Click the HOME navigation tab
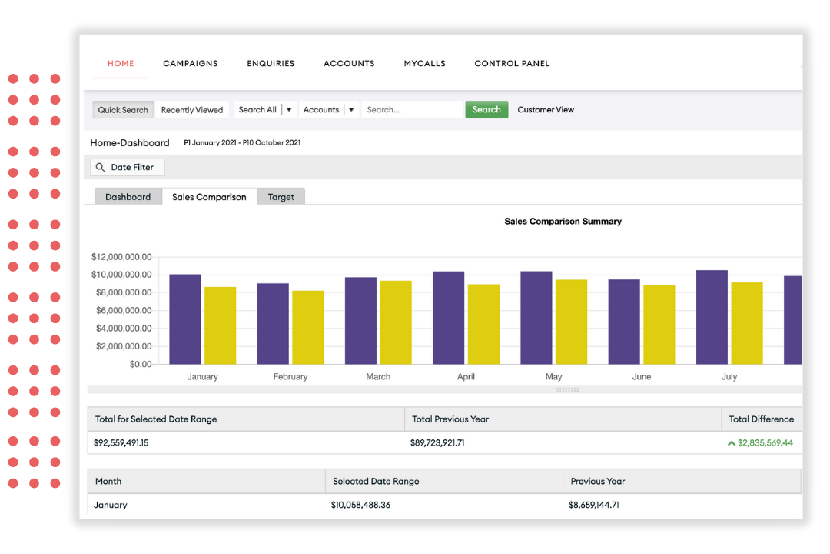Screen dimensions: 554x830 [121, 64]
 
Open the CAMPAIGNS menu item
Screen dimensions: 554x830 [191, 64]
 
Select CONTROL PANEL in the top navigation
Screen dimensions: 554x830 [512, 64]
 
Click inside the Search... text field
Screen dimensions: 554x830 [413, 110]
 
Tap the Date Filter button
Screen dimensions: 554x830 [128, 167]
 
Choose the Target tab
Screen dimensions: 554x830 [281, 197]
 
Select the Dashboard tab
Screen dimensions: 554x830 [128, 197]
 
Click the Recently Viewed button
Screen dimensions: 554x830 [192, 110]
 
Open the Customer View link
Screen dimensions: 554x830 [546, 110]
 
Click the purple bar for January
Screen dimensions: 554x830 [185, 319]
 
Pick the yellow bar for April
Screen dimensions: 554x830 [483, 324]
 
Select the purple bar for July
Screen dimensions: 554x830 [712, 317]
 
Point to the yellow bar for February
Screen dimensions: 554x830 [307, 327]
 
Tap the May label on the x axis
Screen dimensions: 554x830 [553, 377]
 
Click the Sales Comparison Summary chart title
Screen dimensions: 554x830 [563, 222]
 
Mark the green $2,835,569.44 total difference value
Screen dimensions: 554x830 [764, 443]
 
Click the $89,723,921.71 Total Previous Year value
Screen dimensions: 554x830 [437, 443]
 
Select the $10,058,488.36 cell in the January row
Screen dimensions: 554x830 [360, 506]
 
